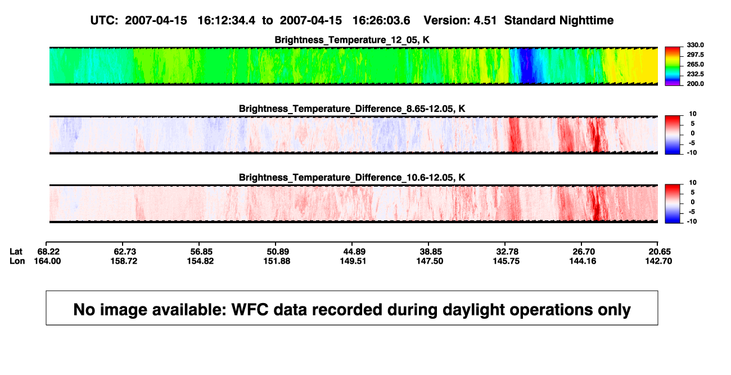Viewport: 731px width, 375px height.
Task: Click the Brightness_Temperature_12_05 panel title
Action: coord(352,40)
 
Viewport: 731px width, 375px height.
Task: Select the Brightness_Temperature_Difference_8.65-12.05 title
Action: coord(352,109)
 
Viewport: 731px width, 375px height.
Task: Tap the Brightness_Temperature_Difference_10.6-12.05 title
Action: coord(352,178)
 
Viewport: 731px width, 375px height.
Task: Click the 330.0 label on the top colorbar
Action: coord(695,45)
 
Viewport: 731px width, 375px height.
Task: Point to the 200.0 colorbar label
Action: coord(695,84)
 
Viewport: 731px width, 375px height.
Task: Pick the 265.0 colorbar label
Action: coord(695,64)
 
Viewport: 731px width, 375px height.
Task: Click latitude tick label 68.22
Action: coord(48,252)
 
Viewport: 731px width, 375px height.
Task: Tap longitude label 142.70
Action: coord(658,261)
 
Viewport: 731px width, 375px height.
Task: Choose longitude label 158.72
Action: coord(124,261)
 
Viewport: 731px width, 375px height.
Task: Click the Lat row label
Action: coord(16,252)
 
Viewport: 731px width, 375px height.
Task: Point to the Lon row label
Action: coord(17,261)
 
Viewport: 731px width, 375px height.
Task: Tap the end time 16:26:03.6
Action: coord(381,21)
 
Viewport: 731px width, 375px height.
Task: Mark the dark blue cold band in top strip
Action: coord(525,66)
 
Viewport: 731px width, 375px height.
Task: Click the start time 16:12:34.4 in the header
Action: coord(227,21)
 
